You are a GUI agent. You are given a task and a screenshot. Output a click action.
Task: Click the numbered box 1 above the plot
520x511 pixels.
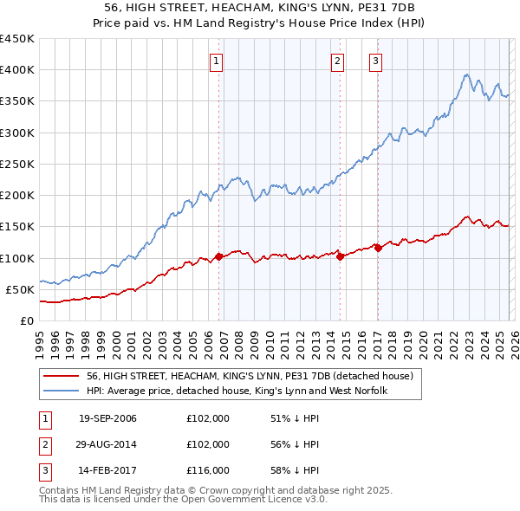click(x=215, y=61)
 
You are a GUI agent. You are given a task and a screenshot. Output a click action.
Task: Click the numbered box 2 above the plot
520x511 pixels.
click(x=336, y=61)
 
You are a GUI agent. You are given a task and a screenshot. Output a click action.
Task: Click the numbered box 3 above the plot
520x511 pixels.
click(x=375, y=61)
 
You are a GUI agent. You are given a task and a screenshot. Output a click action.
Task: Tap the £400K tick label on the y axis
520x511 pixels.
click(x=17, y=70)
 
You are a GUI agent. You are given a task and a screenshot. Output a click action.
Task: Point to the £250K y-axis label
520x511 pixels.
click(x=17, y=164)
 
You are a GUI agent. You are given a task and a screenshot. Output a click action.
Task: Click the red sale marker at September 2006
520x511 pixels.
click(x=218, y=256)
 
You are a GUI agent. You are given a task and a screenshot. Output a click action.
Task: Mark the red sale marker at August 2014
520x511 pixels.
click(x=340, y=256)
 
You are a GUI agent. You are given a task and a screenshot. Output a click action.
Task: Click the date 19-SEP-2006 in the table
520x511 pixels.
click(x=107, y=419)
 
